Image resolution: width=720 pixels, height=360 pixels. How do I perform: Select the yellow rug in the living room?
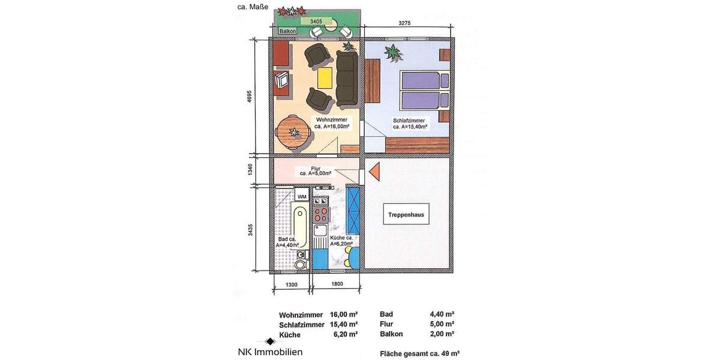coord(325,77)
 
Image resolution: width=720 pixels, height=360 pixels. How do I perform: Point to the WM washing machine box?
coord(302,196)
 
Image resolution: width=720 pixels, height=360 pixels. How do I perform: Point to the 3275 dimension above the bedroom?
coord(409,23)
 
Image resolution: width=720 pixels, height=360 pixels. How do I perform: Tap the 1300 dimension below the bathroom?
coord(291,284)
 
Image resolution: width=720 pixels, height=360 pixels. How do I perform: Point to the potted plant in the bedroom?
coord(393,53)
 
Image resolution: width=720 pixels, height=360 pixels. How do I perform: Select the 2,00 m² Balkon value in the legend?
coord(442,334)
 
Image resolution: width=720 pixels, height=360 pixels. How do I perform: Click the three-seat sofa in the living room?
coord(347,77)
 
